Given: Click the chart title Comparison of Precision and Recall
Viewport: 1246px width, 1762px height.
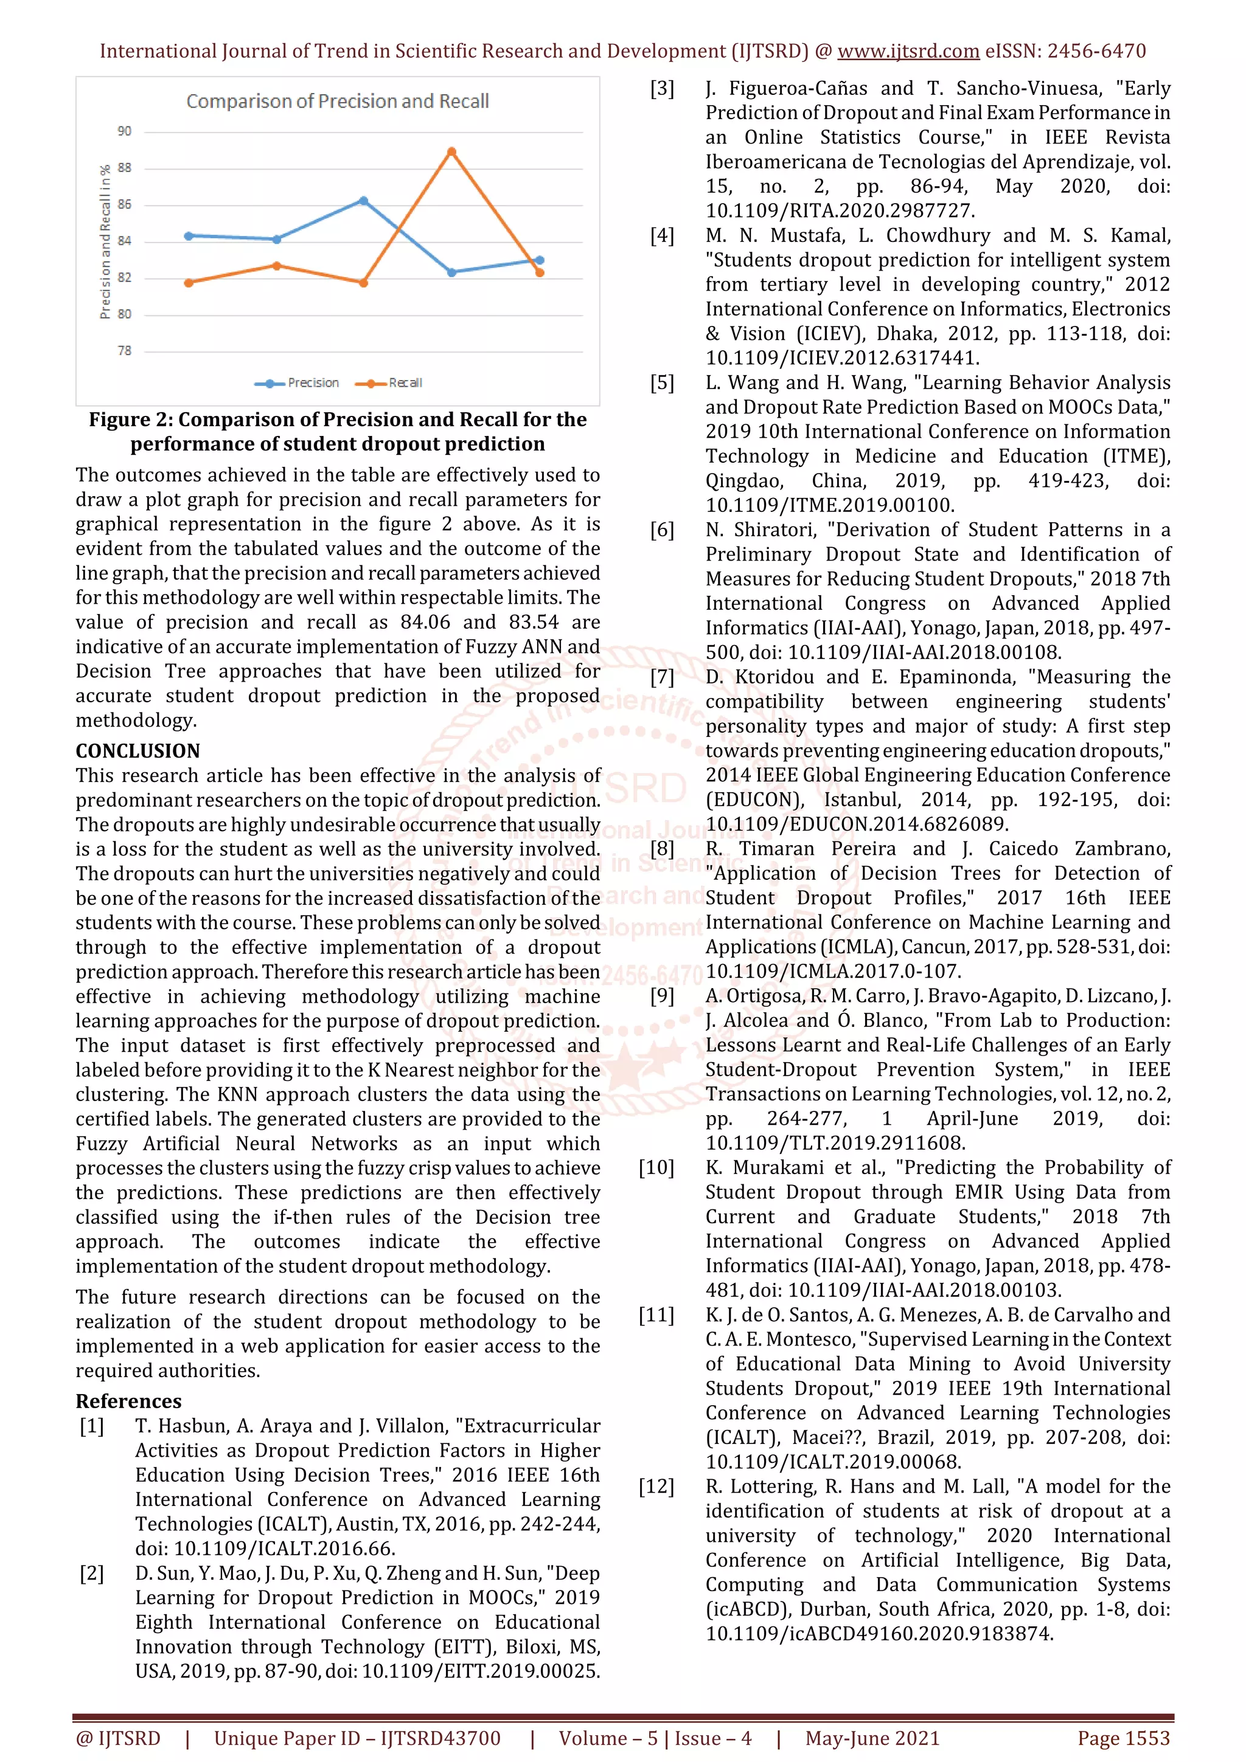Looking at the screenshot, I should pyautogui.click(x=337, y=102).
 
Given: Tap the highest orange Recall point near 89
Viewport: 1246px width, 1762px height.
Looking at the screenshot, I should pyautogui.click(x=451, y=152).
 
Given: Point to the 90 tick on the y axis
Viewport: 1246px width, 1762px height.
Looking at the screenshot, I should pyautogui.click(x=124, y=131).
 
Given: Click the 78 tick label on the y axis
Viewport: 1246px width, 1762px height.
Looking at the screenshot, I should pyautogui.click(x=124, y=351).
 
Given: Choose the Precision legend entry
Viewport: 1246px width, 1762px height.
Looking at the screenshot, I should pyautogui.click(x=299, y=383).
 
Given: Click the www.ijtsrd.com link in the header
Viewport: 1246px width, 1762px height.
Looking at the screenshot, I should pyautogui.click(x=908, y=52).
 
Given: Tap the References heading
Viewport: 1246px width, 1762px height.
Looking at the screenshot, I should pyautogui.click(x=128, y=1401).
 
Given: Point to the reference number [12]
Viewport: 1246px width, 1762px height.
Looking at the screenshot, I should pyautogui.click(x=656, y=1487).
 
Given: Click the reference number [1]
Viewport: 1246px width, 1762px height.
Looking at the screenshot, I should pyautogui.click(x=92, y=1426).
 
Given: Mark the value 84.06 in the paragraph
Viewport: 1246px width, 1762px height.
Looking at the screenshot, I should pyautogui.click(x=425, y=623).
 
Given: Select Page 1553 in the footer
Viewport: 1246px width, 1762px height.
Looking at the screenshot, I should pyautogui.click(x=1123, y=1738).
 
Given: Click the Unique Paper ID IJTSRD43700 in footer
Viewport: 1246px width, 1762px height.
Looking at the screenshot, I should pyautogui.click(x=357, y=1738).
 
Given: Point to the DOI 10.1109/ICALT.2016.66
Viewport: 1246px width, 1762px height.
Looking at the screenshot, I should pyautogui.click(x=284, y=1549).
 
